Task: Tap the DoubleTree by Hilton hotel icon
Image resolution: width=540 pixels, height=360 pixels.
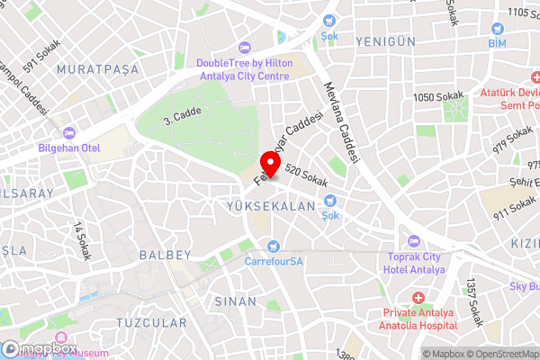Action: [x=243, y=48]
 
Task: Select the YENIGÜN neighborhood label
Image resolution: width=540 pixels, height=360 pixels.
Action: [x=386, y=42]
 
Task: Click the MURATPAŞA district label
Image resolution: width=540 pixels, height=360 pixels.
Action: [x=93, y=68]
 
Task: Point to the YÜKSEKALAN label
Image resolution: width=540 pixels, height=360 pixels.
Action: [x=270, y=206]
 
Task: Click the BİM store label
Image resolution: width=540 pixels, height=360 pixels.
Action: [x=497, y=43]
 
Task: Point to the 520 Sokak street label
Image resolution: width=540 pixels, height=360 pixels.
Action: [x=303, y=170]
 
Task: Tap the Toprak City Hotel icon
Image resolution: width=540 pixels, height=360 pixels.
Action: [x=414, y=240]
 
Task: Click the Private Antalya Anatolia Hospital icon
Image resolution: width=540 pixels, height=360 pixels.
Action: [x=418, y=297]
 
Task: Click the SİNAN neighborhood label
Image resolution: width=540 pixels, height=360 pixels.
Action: [x=235, y=301]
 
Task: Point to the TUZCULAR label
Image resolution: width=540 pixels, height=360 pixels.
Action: [x=151, y=322]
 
